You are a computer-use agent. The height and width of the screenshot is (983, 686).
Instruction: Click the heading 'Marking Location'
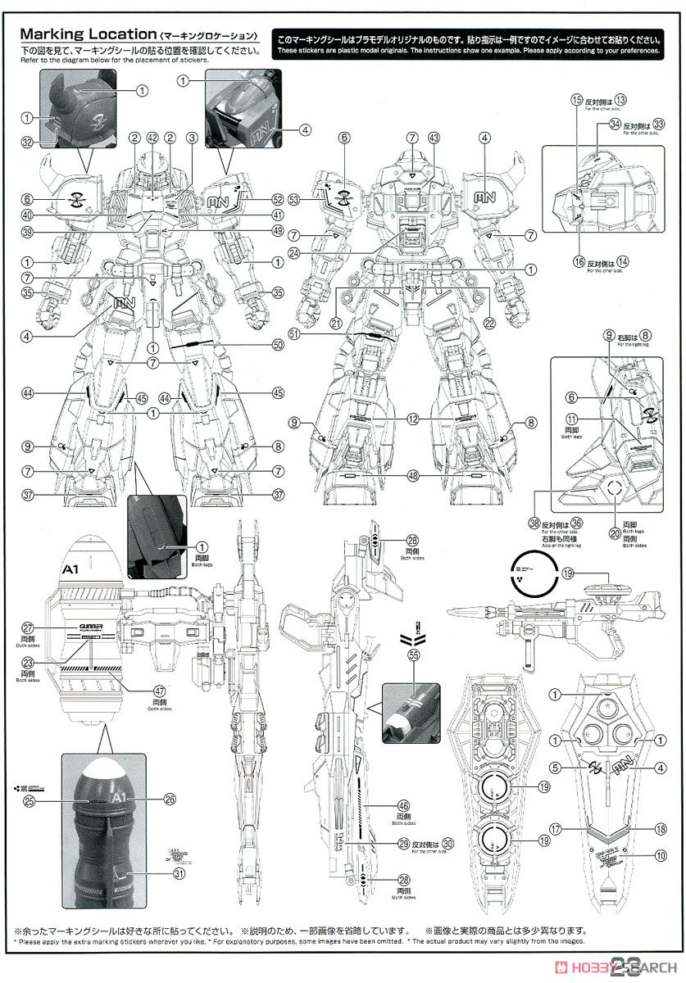(88, 35)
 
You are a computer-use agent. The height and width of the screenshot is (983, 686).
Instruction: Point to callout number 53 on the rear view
(294, 199)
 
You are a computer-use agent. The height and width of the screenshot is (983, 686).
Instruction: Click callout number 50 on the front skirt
(278, 346)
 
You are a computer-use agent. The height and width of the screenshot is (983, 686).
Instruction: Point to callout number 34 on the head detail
(592, 124)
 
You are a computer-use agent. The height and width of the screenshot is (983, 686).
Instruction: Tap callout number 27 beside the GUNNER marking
(27, 627)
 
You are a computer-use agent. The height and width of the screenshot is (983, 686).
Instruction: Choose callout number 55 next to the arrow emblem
(415, 656)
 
